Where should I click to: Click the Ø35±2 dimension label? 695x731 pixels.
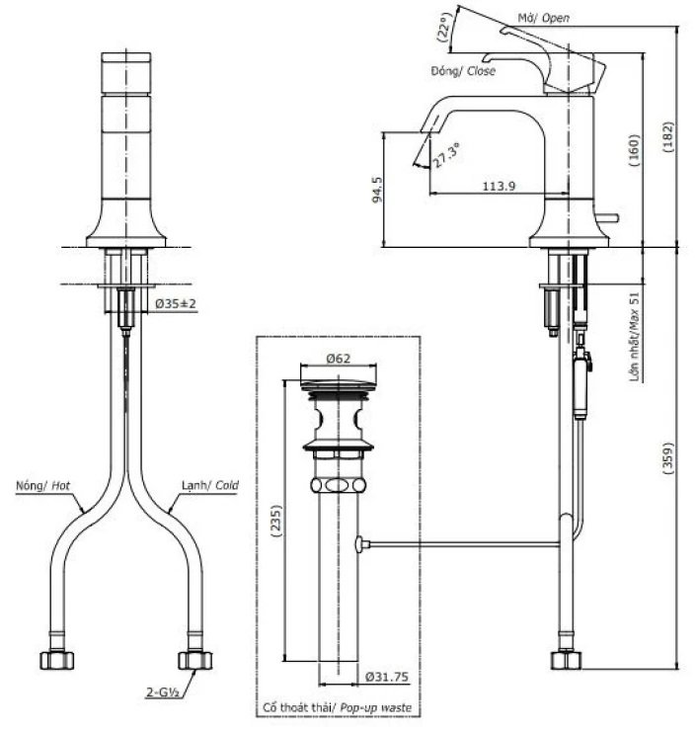click(177, 302)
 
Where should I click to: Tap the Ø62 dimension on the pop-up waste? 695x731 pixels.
click(338, 361)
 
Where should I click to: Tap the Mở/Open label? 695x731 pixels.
click(544, 18)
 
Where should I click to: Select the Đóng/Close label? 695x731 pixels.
click(463, 71)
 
